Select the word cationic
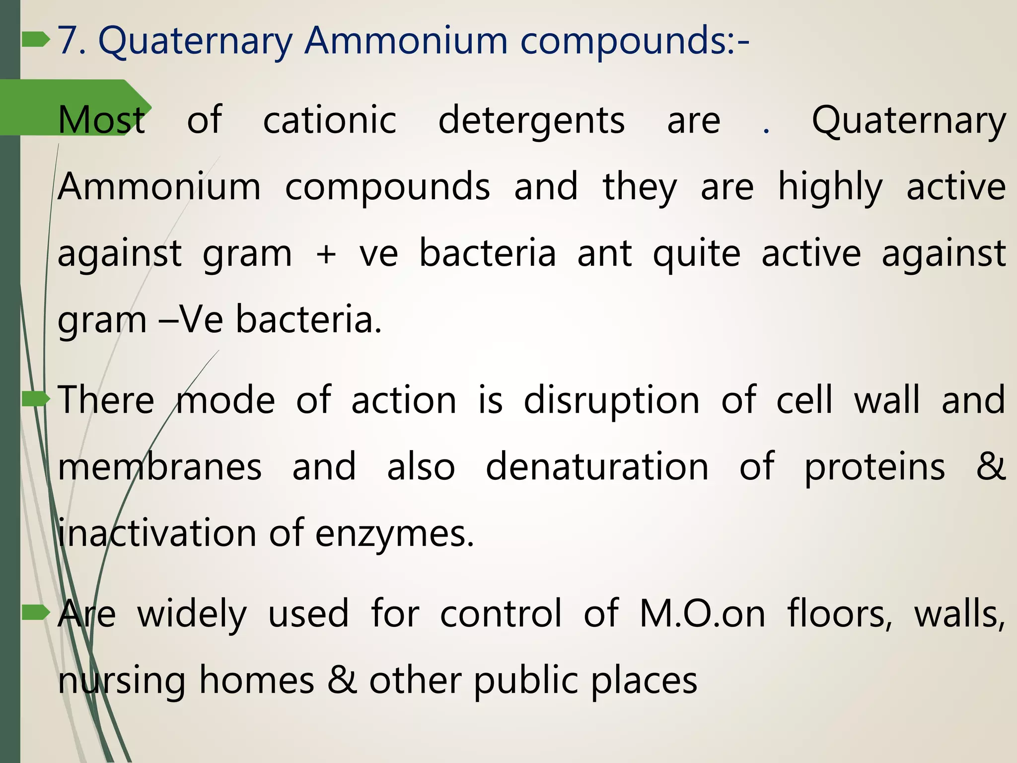click(329, 121)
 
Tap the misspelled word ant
click(604, 254)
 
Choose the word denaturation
click(597, 467)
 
